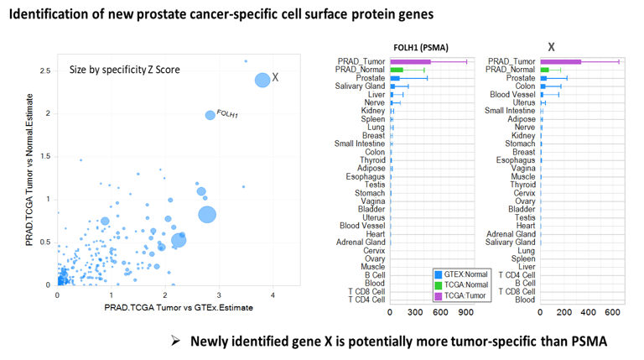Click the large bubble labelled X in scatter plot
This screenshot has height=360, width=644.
[262, 80]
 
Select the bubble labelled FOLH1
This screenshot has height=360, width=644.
[210, 115]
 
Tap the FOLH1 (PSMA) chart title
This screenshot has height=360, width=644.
[426, 48]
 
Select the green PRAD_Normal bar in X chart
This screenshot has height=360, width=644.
[544, 70]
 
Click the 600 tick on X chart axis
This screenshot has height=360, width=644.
[613, 312]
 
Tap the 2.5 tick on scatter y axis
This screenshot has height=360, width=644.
[44, 70]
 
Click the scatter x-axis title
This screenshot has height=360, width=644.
[179, 308]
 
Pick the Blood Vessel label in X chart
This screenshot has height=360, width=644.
[512, 94]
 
